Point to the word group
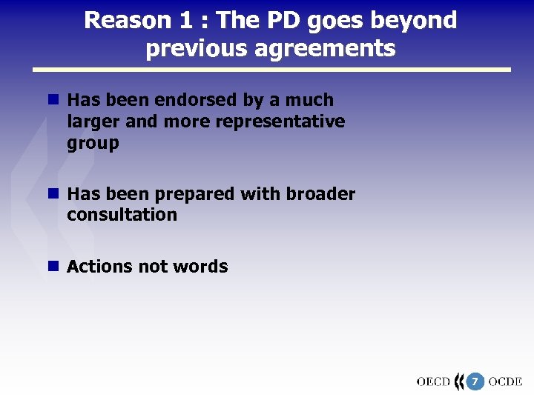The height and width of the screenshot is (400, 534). [x=93, y=143]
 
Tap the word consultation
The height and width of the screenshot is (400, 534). [x=122, y=216]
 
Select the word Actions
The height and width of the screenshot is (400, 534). [x=95, y=267]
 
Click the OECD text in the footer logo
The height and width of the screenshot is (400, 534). [x=433, y=382]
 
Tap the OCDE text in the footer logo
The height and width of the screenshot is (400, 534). [x=506, y=382]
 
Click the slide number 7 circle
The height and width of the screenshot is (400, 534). [x=475, y=382]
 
